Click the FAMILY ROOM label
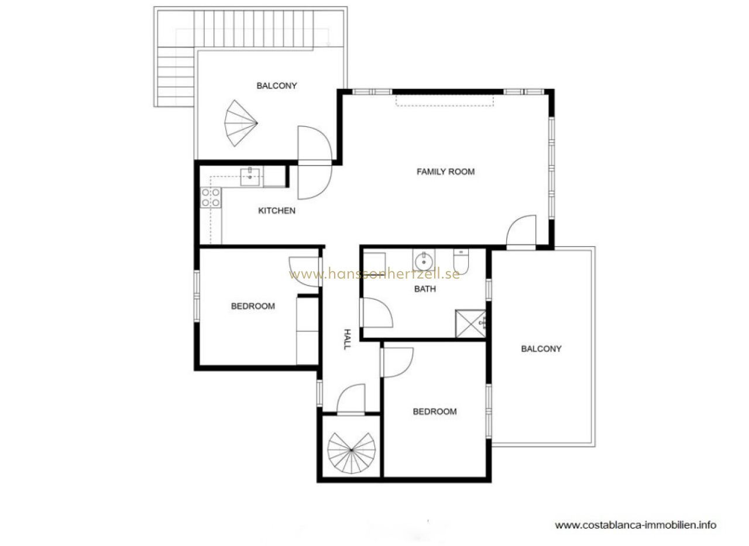point(445,172)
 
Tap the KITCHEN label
point(277,211)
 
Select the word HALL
point(348,339)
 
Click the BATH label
point(425,289)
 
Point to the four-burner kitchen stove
point(211,198)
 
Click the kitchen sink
point(250,177)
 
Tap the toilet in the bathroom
point(461,261)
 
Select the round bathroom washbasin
point(424,261)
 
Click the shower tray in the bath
point(470,324)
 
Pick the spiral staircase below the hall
point(351,453)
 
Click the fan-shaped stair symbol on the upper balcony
point(240,123)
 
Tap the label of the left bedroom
point(253,306)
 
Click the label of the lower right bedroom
point(435,411)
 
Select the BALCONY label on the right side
point(541,349)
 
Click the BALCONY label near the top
point(277,86)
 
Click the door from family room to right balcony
point(521,231)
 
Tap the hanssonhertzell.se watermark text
point(374,275)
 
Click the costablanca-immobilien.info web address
point(635,526)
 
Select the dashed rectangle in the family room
point(444,101)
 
